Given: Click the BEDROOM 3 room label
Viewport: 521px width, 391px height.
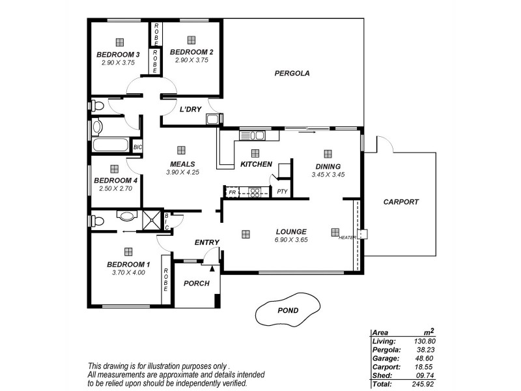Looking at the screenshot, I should point(118,54).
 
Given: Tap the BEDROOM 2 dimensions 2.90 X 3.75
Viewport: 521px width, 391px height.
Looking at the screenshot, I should point(191,60).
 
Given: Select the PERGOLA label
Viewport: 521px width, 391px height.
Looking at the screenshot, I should point(291,74).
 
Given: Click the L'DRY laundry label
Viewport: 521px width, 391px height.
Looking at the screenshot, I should point(190,109).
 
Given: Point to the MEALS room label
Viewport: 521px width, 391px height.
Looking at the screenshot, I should point(182,164).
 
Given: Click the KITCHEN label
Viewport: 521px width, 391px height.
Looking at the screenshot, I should point(256,164).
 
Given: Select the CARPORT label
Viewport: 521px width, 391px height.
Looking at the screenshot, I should point(401,202).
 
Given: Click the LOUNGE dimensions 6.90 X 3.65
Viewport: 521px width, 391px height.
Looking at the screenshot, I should point(291,240).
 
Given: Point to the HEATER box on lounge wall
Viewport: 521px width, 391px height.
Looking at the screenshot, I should point(363,234).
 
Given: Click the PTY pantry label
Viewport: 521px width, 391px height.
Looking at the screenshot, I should point(281,192).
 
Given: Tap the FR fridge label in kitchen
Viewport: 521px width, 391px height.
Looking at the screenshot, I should point(232,192).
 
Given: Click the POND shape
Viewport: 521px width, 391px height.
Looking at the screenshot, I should point(287,311).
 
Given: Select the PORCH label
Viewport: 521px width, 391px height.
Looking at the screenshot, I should point(196,283).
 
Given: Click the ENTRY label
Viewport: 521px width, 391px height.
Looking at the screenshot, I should point(207,242).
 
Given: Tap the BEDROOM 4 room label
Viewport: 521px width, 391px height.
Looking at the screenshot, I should point(115,181).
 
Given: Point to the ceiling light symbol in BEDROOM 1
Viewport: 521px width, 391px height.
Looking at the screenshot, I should point(128,251).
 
